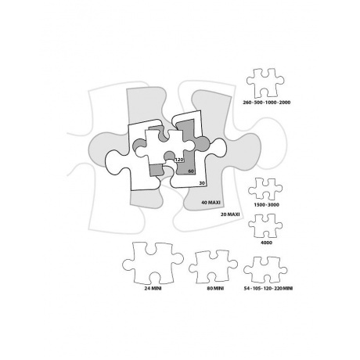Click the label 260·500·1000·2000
point(267,103)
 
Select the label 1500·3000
point(266,205)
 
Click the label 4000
point(266,243)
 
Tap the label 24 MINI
point(153,288)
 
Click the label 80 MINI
point(215,288)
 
